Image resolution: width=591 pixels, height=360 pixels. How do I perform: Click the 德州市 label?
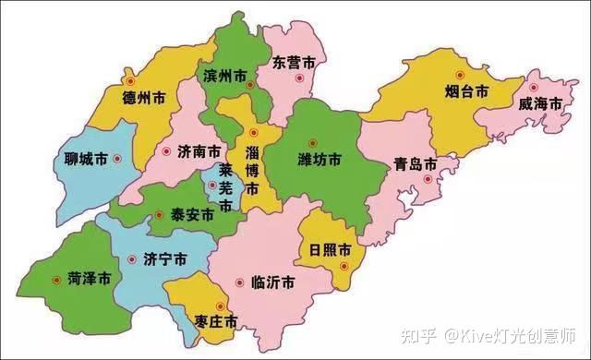pos(142,95)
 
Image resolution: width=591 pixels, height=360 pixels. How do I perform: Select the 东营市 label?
pos(295,63)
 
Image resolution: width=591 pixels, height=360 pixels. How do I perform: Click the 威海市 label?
pos(539,104)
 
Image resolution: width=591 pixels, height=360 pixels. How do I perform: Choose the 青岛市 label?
pos(415,164)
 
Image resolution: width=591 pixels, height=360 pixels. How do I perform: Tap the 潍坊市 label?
pos(319,160)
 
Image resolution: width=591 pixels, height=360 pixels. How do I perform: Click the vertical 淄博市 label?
pos(252,167)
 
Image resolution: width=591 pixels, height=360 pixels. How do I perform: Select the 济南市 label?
pos(199,150)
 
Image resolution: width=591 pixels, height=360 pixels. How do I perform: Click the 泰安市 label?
pos(192,214)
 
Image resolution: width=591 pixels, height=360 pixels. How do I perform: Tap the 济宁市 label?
pos(167,259)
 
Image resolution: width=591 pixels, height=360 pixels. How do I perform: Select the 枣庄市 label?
pos(217,321)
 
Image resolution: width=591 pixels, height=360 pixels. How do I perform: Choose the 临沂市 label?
pos(272,282)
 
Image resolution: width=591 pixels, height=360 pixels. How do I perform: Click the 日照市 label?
pos(330,249)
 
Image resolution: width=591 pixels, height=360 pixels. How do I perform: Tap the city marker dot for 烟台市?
pos(457,76)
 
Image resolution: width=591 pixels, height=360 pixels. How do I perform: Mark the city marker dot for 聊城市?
pos(117,159)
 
